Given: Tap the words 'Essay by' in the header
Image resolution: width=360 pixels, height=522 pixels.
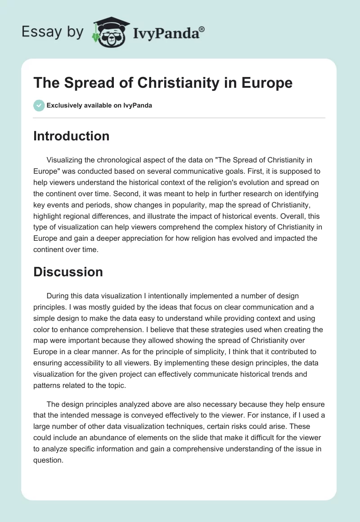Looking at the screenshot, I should (53, 32).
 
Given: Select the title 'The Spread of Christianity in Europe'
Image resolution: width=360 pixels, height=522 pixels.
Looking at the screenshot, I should (163, 83).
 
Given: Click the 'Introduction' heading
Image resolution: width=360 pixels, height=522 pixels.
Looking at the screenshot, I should (71, 136).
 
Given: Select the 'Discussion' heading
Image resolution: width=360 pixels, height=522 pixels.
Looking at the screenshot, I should (68, 272).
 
